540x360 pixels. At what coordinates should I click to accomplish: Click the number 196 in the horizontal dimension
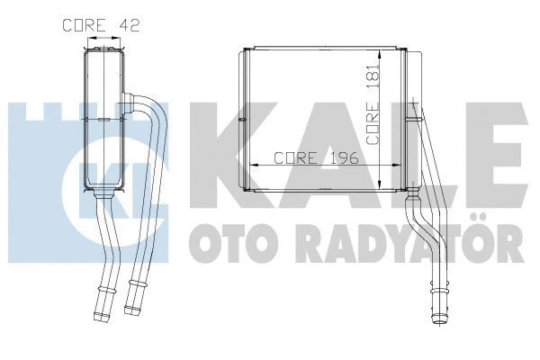(x=342, y=157)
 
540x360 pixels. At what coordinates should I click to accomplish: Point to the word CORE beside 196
(x=294, y=157)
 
